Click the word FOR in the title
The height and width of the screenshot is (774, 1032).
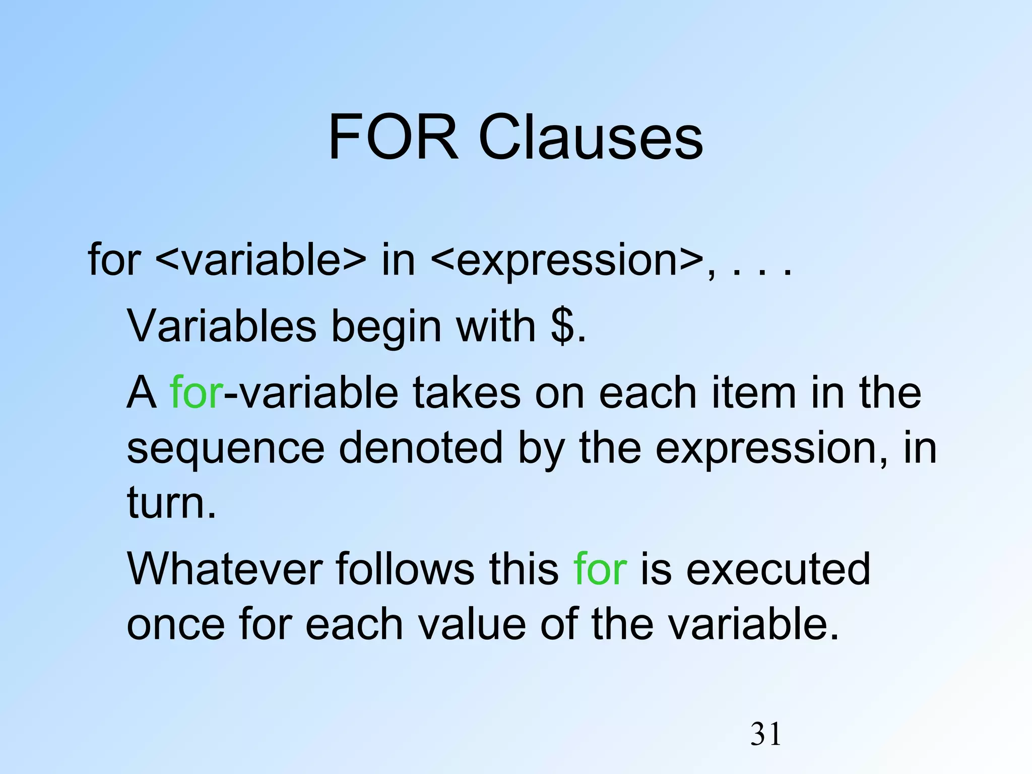(x=393, y=137)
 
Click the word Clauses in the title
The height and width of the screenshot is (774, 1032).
(x=590, y=137)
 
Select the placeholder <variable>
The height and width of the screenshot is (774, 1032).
(x=261, y=260)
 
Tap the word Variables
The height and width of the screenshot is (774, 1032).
(x=222, y=327)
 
